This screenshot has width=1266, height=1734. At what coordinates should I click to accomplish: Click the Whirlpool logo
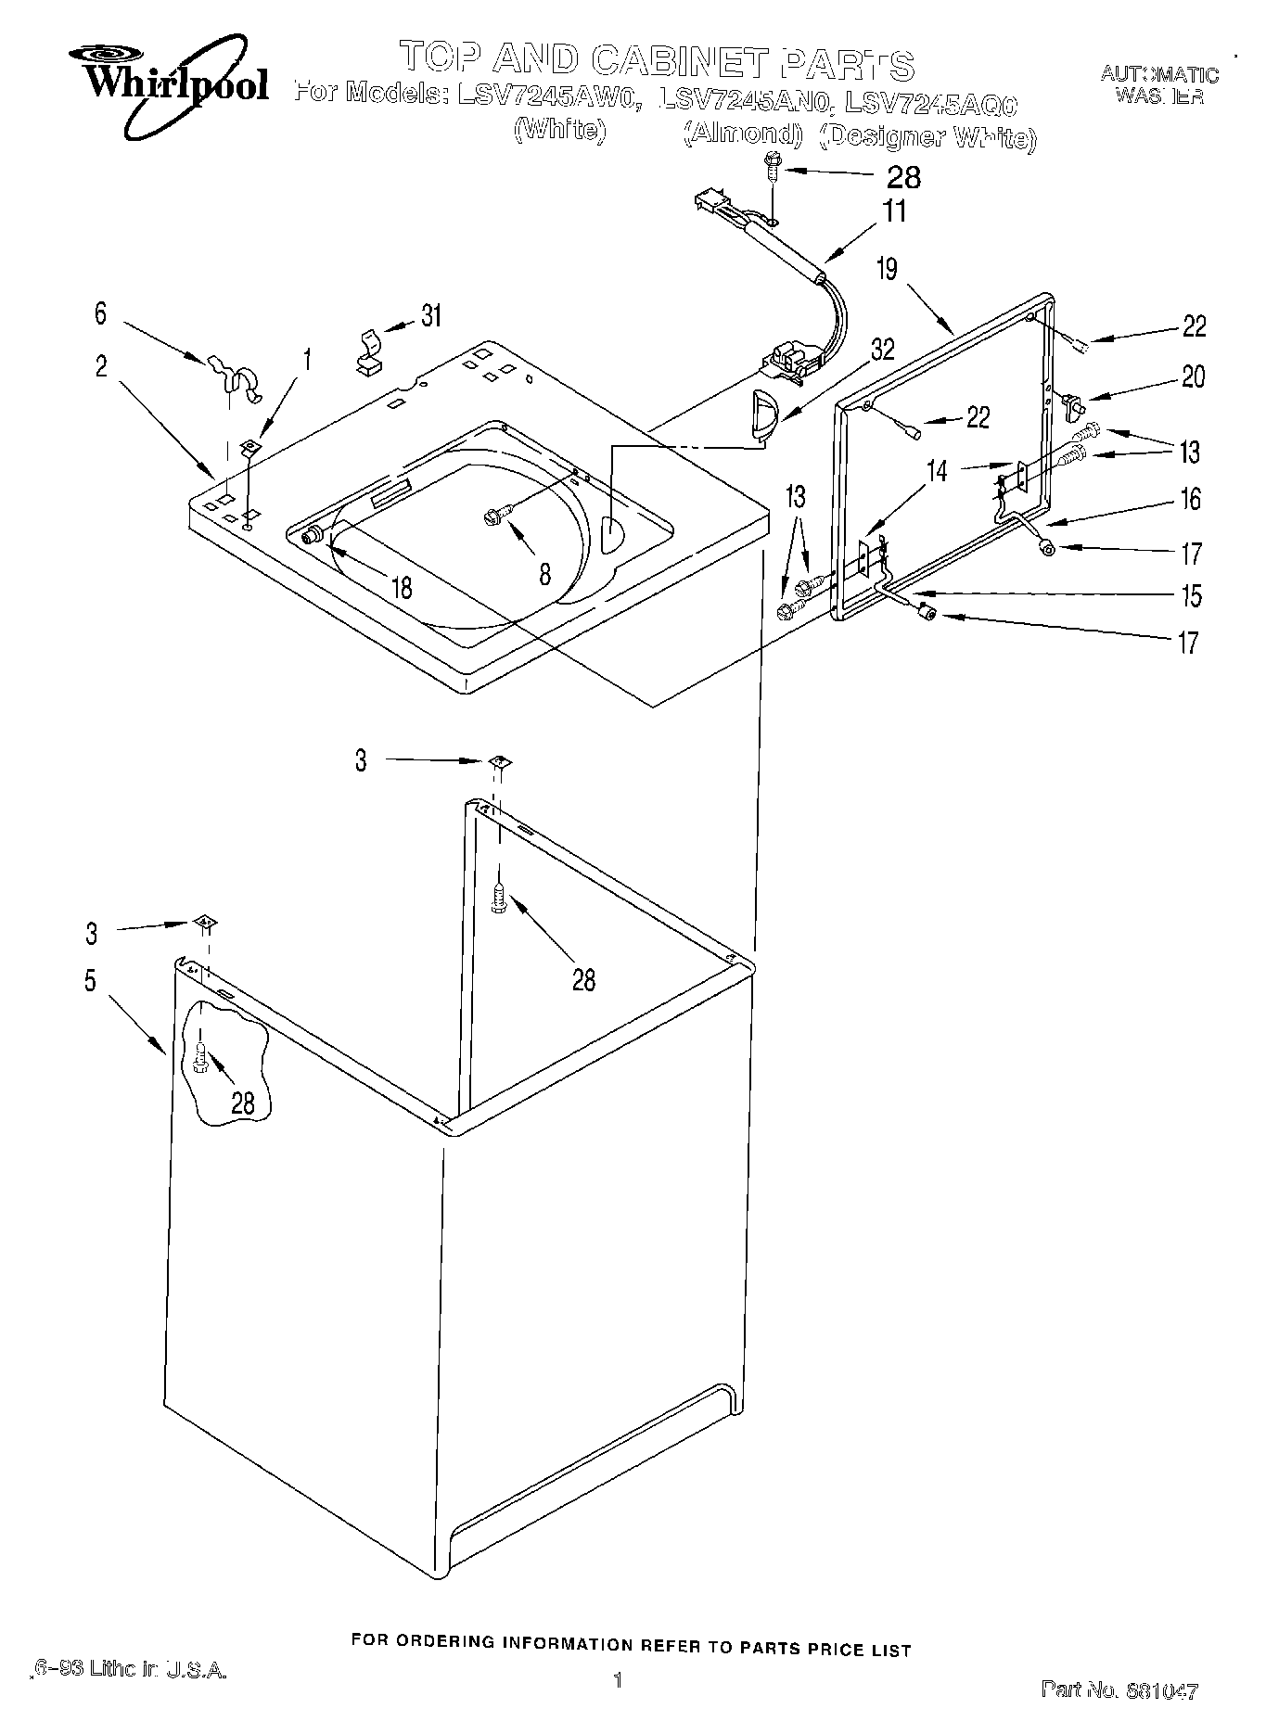tap(177, 85)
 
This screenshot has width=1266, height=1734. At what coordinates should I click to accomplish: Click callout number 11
tap(894, 211)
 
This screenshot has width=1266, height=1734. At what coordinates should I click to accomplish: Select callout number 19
tap(888, 270)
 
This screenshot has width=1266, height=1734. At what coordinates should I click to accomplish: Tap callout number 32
tap(882, 351)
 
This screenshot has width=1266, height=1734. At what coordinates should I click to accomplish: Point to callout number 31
tap(430, 316)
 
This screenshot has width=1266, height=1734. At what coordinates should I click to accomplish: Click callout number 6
tap(100, 313)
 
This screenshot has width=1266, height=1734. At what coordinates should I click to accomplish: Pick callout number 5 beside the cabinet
tap(90, 981)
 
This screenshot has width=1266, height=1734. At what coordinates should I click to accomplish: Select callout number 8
tap(544, 574)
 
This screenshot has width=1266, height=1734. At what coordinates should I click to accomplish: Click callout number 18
tap(402, 588)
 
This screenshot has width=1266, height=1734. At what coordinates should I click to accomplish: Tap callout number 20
tap(1193, 376)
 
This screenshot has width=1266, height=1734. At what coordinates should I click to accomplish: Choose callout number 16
tap(1191, 499)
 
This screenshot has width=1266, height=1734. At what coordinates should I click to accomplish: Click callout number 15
tap(1190, 594)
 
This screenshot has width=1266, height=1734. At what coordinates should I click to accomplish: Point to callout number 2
tap(100, 366)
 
